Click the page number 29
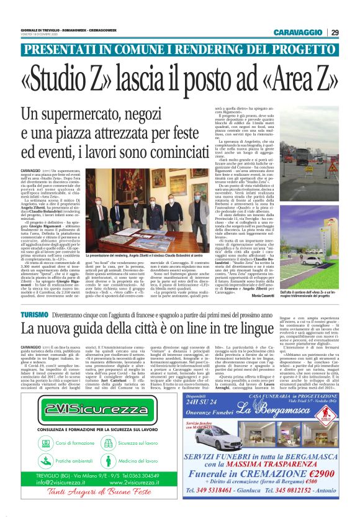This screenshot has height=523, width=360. pyautogui.click(x=335, y=33)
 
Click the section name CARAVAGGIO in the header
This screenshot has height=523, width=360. pyautogui.click(x=302, y=33)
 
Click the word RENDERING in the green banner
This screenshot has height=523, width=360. pyautogui.click(x=230, y=49)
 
